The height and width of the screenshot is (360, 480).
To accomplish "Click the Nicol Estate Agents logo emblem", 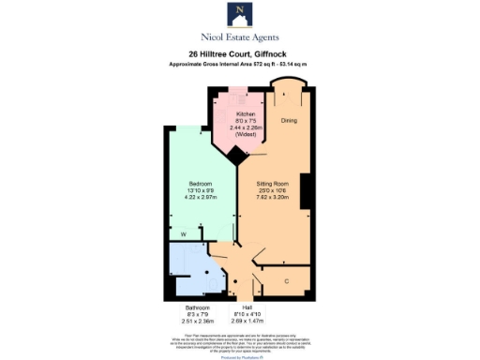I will pos(239,15).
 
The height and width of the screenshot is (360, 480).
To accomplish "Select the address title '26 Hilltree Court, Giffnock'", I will pos(239,54).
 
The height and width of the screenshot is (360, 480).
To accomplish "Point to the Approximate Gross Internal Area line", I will pos(239,63).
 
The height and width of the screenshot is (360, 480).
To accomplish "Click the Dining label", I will pos(290,121).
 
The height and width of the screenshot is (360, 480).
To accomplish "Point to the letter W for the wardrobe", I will pos(184,233).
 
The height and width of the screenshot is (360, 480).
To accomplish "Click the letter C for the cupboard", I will pos(285,280).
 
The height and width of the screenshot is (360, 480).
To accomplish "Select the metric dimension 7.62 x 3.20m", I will pos(274,199).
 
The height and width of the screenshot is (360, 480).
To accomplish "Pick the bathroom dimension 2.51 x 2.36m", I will pos(197,322).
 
